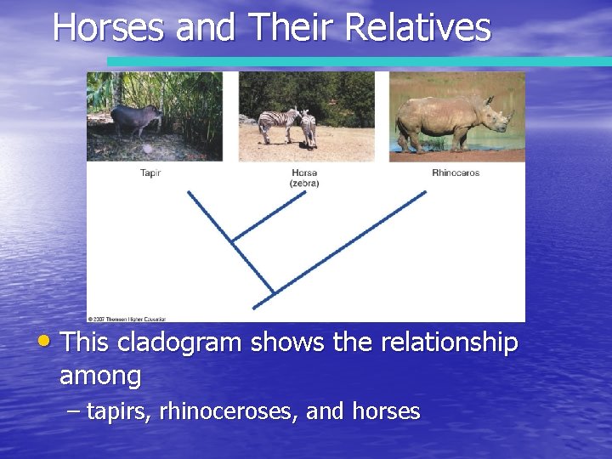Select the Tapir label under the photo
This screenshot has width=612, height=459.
coord(150,173)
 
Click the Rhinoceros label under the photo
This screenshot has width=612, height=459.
coord(456,173)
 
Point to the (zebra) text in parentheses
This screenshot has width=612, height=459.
coord(304,183)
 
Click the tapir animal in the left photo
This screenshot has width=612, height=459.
coord(136,120)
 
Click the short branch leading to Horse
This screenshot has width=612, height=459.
coord(268,217)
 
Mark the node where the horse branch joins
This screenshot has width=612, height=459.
coord(233,241)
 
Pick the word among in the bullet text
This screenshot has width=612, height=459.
coord(100,375)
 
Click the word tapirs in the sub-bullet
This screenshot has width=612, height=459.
coord(115,411)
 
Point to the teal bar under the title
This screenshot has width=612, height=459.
coord(357,61)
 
